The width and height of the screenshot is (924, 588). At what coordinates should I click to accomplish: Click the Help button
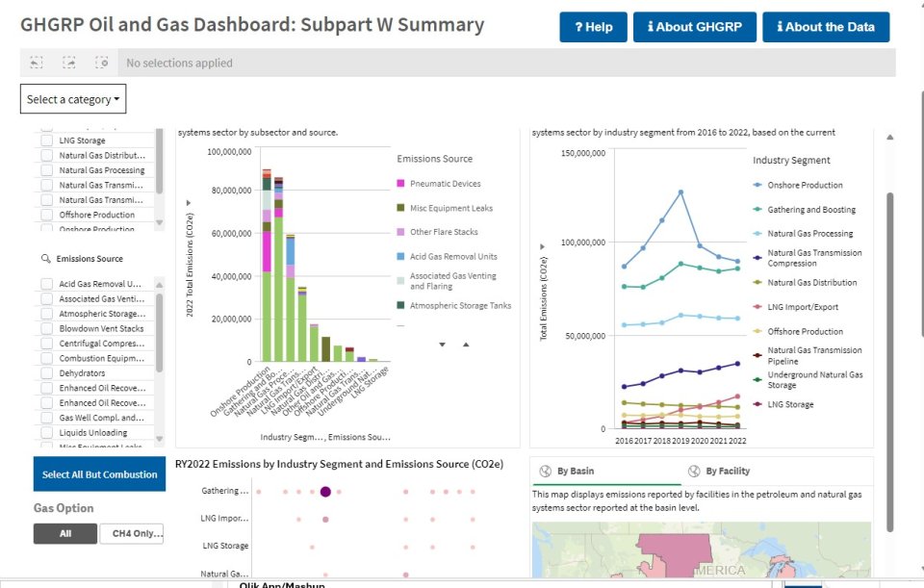pos(593,27)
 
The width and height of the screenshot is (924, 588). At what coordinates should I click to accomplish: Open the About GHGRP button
pos(694,27)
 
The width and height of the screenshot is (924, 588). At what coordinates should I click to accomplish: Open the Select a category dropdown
pos(73,99)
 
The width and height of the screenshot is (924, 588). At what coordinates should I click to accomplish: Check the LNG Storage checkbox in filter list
pos(47,141)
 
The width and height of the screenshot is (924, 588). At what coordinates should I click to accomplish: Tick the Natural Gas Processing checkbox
pos(47,170)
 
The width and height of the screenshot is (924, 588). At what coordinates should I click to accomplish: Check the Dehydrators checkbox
pos(47,372)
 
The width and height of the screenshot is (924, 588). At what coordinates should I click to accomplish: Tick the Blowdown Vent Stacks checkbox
pos(47,328)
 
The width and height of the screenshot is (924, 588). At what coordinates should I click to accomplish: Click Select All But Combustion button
pos(99,474)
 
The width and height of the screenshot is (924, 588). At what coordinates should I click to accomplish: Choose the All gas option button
pos(64,533)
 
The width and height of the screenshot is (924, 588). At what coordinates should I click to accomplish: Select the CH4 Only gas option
pos(132,533)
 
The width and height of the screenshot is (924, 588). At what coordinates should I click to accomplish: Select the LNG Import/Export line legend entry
pos(803,307)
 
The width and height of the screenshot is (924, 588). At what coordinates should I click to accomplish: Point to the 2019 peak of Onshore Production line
pos(680,192)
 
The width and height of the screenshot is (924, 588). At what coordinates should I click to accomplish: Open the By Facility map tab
pos(727,471)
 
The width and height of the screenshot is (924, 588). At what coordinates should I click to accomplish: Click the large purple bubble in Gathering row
pos(325,492)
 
